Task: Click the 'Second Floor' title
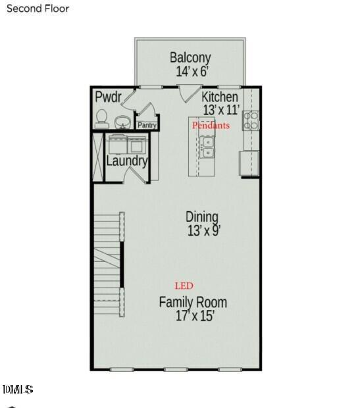click(x=37, y=9)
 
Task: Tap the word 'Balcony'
click(x=190, y=57)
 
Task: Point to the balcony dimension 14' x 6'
click(x=190, y=72)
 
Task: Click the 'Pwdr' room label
click(x=108, y=97)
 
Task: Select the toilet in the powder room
click(x=101, y=118)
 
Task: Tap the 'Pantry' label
click(x=147, y=125)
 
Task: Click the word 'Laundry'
click(x=126, y=161)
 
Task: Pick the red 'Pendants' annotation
click(x=211, y=125)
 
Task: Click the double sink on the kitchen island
click(x=207, y=147)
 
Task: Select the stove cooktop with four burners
click(x=251, y=120)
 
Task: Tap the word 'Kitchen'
click(x=220, y=97)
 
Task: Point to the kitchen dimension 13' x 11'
click(x=220, y=110)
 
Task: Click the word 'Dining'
click(x=202, y=217)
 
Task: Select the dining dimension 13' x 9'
click(x=203, y=231)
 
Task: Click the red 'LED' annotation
click(x=184, y=286)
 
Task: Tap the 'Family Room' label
click(x=193, y=302)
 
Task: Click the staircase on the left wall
click(x=107, y=257)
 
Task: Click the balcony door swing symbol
click(x=189, y=93)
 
